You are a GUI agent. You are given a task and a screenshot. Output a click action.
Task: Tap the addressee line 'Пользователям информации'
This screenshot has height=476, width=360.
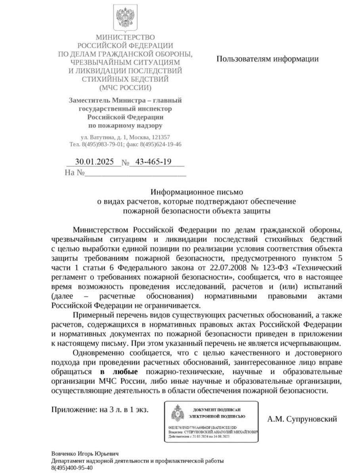pyautogui.click(x=267, y=59)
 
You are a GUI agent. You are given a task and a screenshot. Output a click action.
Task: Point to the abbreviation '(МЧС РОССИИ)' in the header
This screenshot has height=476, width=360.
pyautogui.click(x=125, y=88)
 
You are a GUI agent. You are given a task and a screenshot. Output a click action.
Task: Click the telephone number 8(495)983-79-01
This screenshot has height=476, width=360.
pyautogui.click(x=102, y=144)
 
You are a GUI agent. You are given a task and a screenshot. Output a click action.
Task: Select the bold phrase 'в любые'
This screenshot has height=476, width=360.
pyautogui.click(x=119, y=372)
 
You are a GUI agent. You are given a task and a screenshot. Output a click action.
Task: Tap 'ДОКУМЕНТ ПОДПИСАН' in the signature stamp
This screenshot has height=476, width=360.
pyautogui.click(x=216, y=409)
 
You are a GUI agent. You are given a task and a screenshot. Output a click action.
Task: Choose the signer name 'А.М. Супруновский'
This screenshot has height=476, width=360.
pyautogui.click(x=302, y=419)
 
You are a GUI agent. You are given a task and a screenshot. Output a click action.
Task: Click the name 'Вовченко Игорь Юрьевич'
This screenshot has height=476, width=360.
pyautogui.click(x=85, y=453)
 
